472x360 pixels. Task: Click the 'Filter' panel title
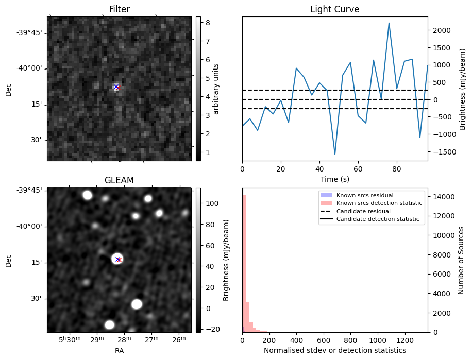[119, 9]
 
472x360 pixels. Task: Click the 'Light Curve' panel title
[334, 9]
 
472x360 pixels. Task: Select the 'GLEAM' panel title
[119, 180]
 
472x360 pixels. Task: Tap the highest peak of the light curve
[389, 23]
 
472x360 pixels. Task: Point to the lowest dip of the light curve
[335, 154]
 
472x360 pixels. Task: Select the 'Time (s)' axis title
[334, 178]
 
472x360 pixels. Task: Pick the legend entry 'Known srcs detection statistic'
[379, 203]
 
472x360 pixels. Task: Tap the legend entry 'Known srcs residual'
[365, 195]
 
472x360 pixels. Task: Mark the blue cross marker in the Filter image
[116, 87]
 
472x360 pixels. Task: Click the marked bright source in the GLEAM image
[117, 259]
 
